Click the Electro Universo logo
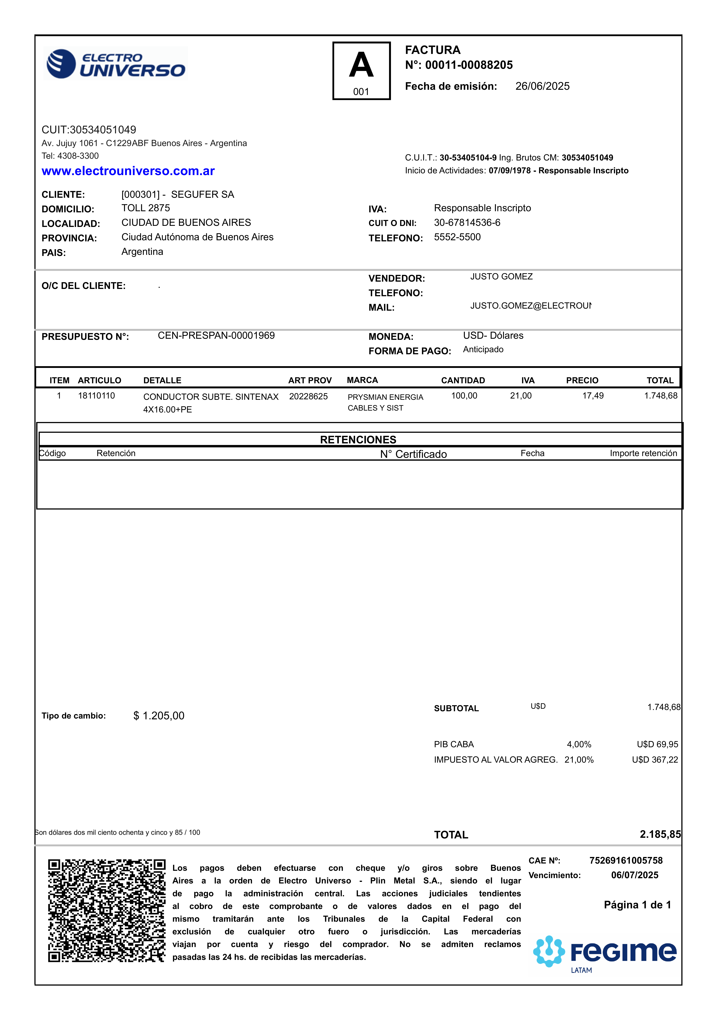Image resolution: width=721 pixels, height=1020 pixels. [x=115, y=64]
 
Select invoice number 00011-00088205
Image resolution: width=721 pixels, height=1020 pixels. [x=469, y=65]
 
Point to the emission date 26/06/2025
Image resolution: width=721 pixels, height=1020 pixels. [x=542, y=86]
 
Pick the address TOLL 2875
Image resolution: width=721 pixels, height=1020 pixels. [x=146, y=208]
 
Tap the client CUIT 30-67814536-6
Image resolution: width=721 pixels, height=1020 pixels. [x=467, y=222]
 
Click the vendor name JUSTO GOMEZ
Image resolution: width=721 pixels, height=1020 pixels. [x=501, y=277]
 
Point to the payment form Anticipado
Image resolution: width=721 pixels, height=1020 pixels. [x=483, y=350]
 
